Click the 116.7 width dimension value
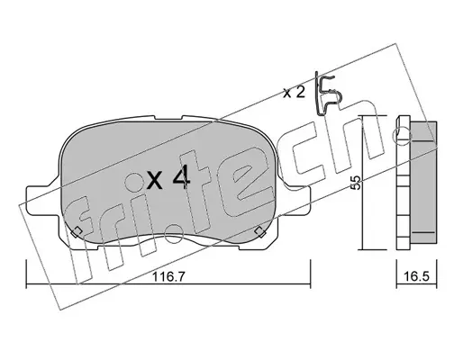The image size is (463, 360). click(x=168, y=276)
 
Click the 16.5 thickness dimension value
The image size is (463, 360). click(x=416, y=276)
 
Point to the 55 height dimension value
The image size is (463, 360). click(x=356, y=183)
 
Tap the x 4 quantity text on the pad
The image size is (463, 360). click(x=168, y=178)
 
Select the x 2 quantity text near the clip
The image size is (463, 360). click(x=295, y=93)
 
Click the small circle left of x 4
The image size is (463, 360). click(x=133, y=182)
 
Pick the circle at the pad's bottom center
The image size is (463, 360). click(x=174, y=234)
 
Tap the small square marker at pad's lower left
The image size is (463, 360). click(x=77, y=232)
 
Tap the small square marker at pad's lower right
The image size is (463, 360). click(x=259, y=232)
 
